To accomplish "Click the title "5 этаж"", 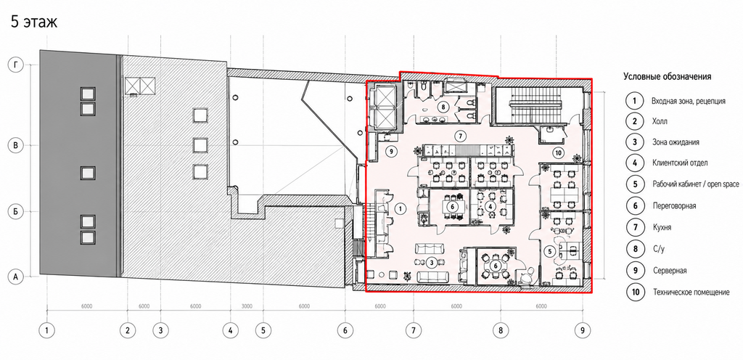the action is (34, 22).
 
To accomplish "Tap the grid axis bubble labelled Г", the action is (16, 65).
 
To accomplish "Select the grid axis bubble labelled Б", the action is (16, 211).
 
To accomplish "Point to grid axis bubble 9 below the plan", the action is (583, 330).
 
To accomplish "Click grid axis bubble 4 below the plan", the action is (230, 330).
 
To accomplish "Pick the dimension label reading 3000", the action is (247, 306).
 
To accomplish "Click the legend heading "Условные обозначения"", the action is (668, 76).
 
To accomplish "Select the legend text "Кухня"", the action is (662, 227).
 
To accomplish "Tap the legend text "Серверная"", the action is (670, 271).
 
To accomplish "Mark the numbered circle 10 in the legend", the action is (633, 292).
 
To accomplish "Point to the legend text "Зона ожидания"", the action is (676, 142).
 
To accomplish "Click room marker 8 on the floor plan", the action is (443, 107).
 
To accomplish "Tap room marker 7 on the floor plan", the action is (459, 136).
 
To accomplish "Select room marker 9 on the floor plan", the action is (390, 152).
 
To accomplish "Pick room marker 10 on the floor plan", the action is (558, 152).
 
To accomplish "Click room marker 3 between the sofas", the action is (431, 262).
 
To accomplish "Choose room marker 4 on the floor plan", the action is (491, 207).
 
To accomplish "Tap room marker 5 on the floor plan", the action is (550, 250).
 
